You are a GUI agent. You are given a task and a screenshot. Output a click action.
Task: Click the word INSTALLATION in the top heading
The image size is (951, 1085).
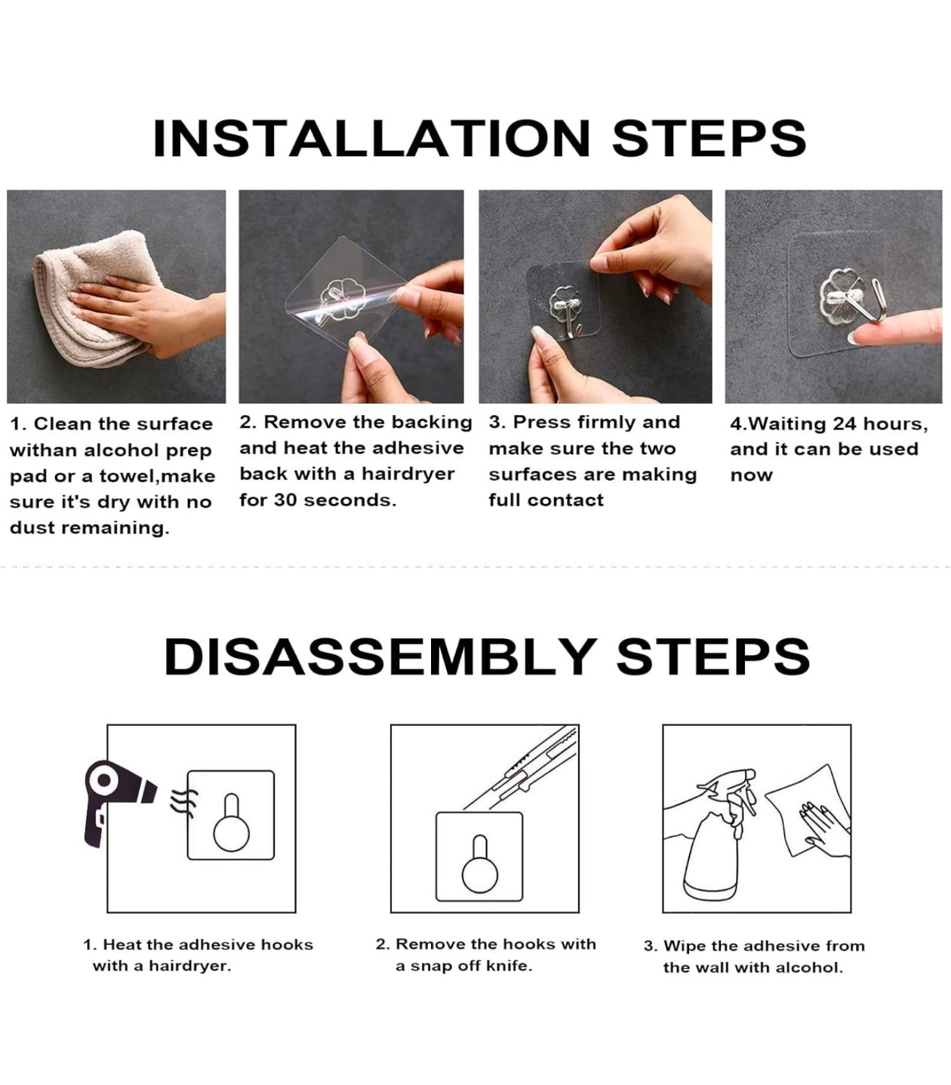[371, 138]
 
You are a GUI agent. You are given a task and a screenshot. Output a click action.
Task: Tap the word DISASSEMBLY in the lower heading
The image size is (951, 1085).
[380, 656]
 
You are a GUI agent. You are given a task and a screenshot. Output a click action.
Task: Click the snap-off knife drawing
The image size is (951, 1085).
[522, 767]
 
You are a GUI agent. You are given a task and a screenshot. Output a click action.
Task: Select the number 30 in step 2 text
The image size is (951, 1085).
[285, 500]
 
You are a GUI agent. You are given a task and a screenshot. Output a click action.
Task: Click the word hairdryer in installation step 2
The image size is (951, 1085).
[408, 475]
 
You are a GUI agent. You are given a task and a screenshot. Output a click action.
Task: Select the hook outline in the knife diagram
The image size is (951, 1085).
[480, 864]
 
